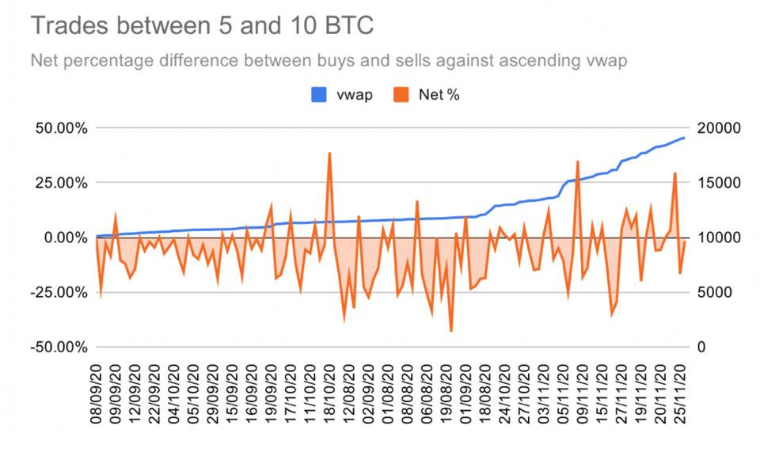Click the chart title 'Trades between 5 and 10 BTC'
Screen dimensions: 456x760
pos(202,26)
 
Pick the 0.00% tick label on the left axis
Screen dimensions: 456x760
pos(63,237)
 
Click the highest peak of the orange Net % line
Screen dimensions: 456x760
pos(329,153)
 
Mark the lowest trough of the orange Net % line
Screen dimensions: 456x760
pos(451,331)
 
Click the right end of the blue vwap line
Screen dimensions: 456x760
pos(684,138)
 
